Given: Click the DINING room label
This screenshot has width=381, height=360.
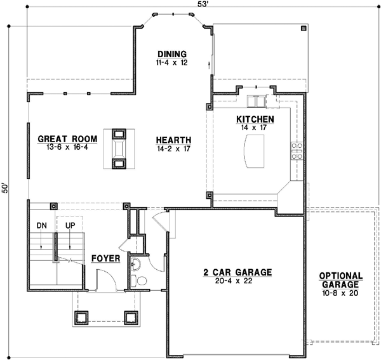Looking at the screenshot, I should (x=172, y=54).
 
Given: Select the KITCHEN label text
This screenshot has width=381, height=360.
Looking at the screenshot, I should (x=255, y=119).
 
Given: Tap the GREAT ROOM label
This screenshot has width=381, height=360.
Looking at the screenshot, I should (x=67, y=138).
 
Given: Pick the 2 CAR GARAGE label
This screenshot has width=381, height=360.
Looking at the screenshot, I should (x=237, y=272).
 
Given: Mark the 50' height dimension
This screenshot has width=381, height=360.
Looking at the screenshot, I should (x=6, y=189).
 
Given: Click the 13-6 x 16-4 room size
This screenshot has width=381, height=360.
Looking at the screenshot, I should (x=67, y=147).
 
